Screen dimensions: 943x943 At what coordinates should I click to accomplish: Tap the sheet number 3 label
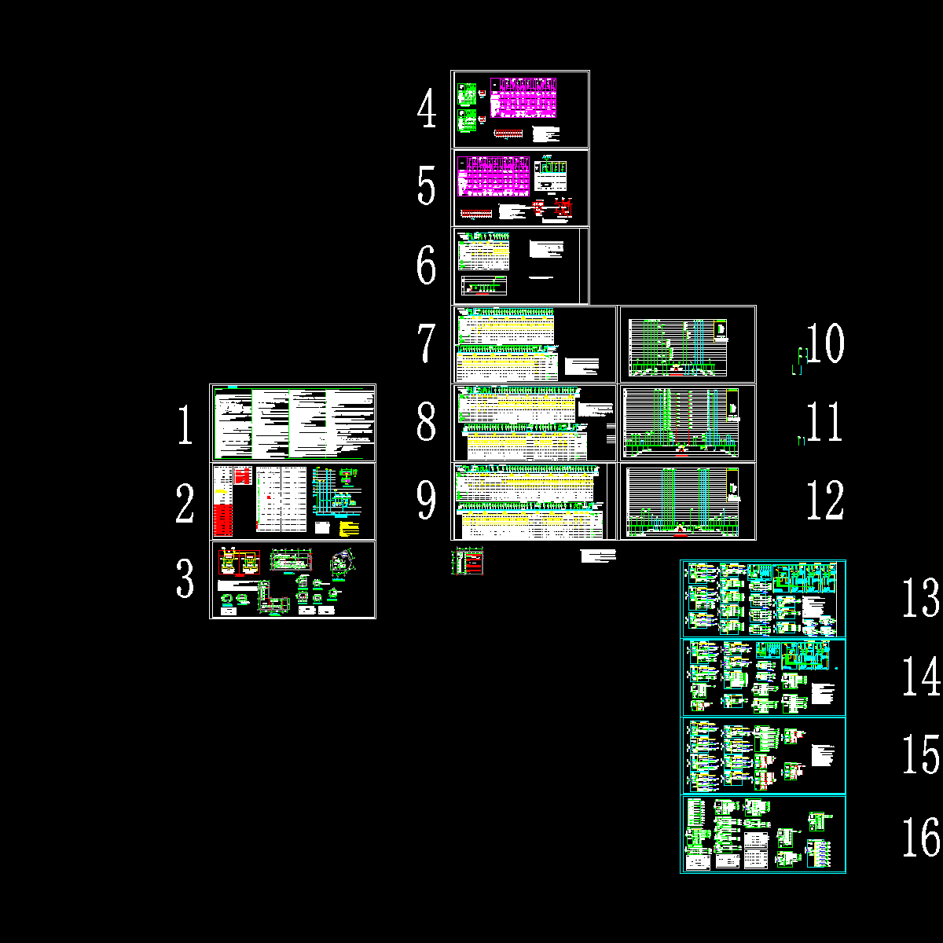coord(185,579)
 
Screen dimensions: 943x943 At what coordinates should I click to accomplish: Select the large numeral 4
coord(427,110)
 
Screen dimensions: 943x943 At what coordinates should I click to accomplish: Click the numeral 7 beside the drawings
coord(426,343)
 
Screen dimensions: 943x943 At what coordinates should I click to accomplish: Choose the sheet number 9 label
coord(426,501)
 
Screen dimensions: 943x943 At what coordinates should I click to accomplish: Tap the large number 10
coord(825,343)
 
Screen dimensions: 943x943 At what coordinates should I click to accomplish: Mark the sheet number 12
coord(825,501)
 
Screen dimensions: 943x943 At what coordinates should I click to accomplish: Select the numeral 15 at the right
coord(920,755)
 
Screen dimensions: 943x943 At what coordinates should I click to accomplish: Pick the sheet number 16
coord(920,837)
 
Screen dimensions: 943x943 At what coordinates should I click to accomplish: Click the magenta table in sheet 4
coord(523,97)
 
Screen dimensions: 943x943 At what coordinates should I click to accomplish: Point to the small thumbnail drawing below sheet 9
coord(468,561)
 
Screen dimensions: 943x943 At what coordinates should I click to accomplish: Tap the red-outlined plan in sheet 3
coord(239,563)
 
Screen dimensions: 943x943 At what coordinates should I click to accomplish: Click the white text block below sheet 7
coord(597,556)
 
